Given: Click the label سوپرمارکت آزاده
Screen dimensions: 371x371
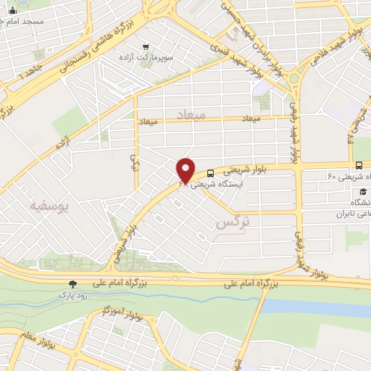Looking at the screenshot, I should coord(146,57).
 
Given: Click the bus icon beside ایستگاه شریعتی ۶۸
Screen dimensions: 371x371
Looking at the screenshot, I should coord(210,173).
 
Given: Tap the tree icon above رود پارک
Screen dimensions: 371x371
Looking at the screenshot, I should coord(71,285).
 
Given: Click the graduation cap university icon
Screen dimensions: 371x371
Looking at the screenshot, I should coord(361,191).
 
